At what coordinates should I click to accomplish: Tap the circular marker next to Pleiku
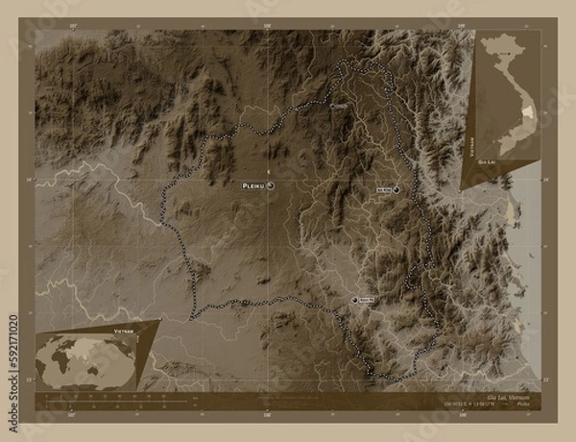tap(272, 184)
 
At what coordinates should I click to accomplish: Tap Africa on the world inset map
tap(68, 362)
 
